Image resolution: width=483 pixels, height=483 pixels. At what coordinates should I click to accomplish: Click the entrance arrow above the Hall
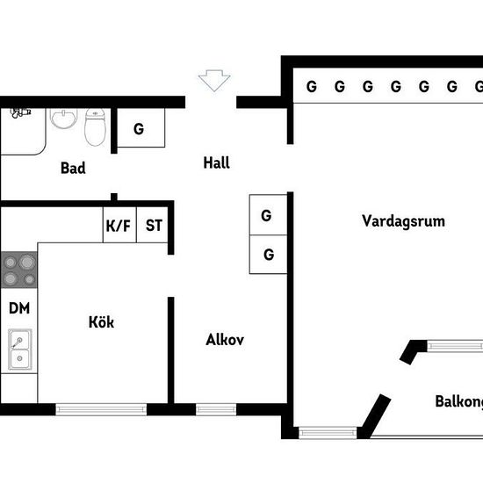[214, 81]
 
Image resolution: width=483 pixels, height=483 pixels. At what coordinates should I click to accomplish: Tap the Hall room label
[216, 162]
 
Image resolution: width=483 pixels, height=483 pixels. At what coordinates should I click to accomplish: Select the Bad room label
[73, 168]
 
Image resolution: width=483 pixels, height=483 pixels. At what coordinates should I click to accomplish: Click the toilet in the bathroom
[95, 127]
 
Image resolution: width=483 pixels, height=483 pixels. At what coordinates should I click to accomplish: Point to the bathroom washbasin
[64, 119]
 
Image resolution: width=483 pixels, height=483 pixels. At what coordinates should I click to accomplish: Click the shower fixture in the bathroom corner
[20, 112]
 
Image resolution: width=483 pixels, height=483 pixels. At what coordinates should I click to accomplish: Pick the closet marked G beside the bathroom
[141, 127]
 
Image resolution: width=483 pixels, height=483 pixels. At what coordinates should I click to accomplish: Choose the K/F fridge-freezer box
[119, 225]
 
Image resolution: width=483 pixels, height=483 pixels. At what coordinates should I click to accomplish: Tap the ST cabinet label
[154, 225]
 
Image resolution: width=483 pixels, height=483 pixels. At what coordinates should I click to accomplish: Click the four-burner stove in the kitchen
[19, 270]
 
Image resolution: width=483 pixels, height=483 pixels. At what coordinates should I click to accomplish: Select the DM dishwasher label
[19, 308]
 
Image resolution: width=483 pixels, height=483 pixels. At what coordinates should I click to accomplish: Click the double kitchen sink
[19, 350]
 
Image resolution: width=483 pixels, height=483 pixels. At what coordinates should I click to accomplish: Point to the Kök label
[101, 322]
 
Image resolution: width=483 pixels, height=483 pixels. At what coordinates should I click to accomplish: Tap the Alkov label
[225, 340]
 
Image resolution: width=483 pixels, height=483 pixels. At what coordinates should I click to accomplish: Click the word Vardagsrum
[404, 221]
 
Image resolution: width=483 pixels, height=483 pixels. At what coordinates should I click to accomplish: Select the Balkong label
[459, 401]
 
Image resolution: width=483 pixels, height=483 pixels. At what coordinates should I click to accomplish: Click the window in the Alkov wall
[216, 409]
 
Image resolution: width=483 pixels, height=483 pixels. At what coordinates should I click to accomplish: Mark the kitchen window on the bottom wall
[101, 409]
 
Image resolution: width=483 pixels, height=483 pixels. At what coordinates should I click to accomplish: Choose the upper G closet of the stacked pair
[268, 214]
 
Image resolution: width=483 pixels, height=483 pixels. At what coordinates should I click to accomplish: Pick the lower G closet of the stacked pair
[268, 254]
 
